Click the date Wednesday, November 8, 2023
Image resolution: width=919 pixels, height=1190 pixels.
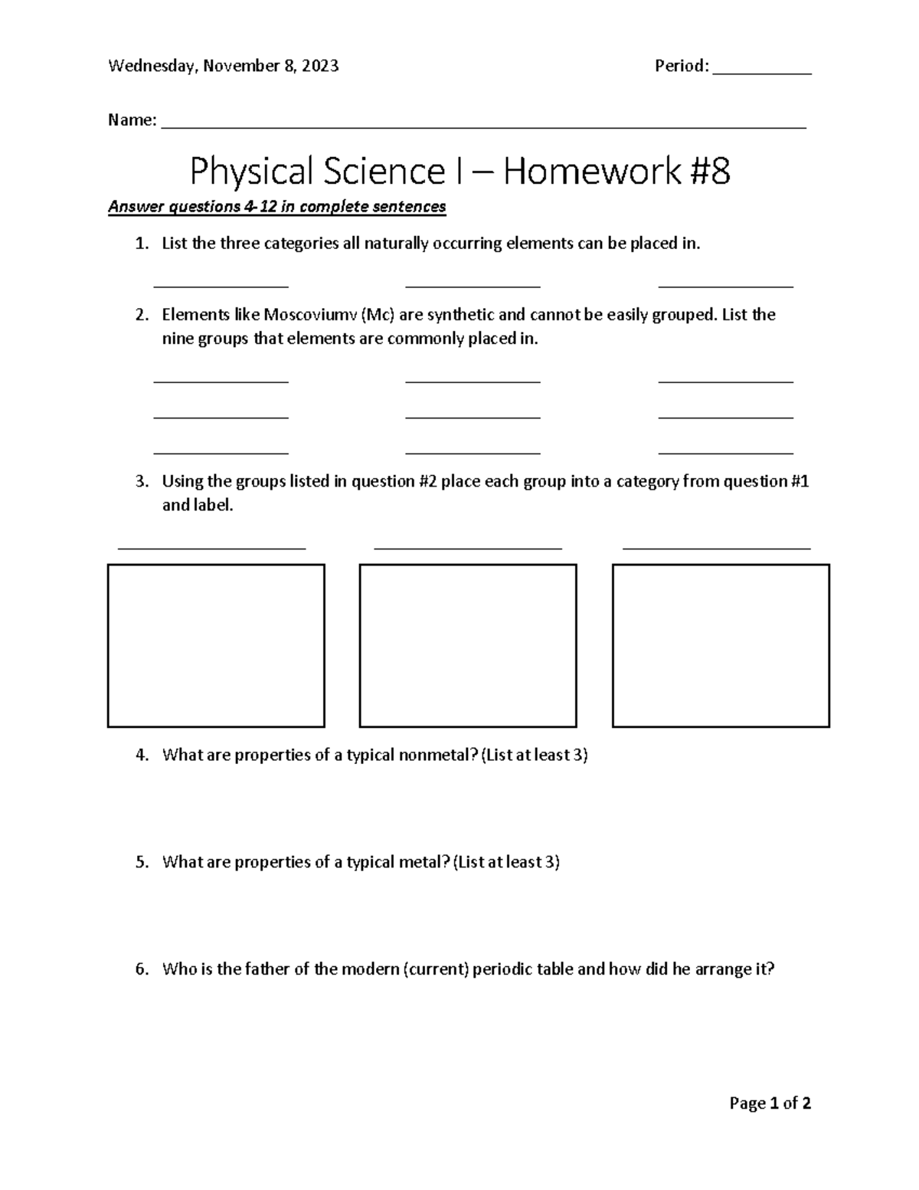click(x=223, y=67)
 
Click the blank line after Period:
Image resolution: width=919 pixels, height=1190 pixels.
click(x=761, y=71)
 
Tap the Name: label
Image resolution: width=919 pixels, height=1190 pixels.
click(x=132, y=120)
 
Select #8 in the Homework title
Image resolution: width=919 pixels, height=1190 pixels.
click(x=708, y=171)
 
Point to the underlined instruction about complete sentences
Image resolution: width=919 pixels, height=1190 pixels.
click(x=276, y=207)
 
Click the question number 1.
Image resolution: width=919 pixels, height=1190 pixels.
click(x=140, y=244)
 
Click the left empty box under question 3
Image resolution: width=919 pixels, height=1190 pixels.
click(x=216, y=645)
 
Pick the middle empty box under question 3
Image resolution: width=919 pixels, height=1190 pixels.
click(x=468, y=645)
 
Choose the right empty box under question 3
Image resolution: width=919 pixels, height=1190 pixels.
click(x=721, y=645)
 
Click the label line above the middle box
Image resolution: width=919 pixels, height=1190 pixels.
click(x=468, y=546)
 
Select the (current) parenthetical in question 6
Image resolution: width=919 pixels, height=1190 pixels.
click(x=436, y=969)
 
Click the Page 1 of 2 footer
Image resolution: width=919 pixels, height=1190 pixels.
click(x=770, y=1103)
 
